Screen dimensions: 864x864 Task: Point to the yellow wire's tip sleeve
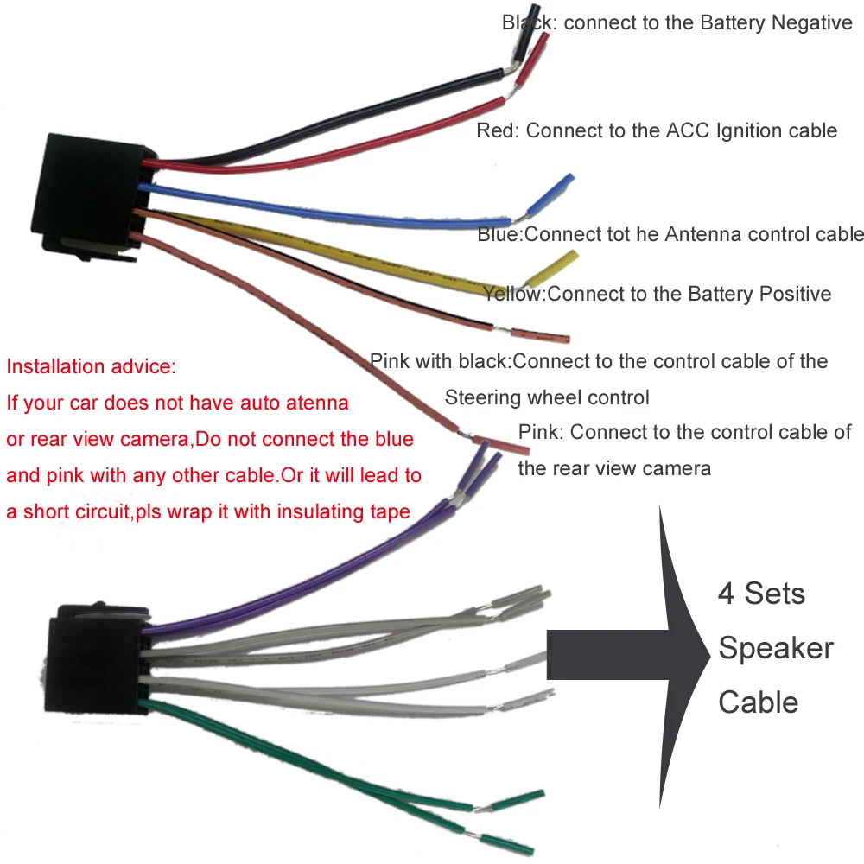coord(553,269)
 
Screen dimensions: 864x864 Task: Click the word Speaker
coord(775,648)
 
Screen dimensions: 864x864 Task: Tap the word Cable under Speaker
coord(758,702)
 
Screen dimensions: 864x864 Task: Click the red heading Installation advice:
coord(91,366)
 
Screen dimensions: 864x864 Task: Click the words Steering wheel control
coord(546,398)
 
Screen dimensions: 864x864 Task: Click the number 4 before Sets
coord(726,594)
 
